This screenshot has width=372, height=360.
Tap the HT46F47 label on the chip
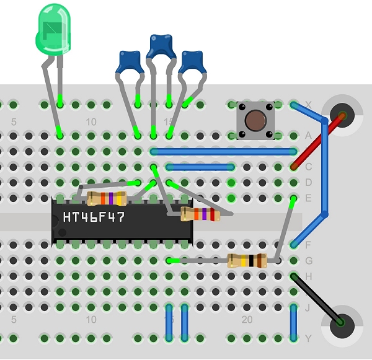click(93, 217)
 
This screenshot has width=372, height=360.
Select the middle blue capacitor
click(161, 45)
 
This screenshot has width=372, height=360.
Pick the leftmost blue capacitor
click(130, 62)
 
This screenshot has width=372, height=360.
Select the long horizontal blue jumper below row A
click(223, 151)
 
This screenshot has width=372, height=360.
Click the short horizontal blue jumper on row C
click(200, 167)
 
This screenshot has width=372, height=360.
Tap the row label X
click(308, 105)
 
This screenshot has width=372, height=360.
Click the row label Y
click(308, 338)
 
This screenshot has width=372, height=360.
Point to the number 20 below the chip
click(247, 320)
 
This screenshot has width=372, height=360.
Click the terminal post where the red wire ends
click(340, 115)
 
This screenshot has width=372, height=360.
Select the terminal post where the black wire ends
click(340, 322)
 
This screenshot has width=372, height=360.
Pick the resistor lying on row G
click(247, 261)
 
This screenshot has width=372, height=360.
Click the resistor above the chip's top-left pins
click(107, 198)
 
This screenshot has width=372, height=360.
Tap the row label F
click(308, 245)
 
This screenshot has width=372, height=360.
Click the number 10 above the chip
click(91, 122)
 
